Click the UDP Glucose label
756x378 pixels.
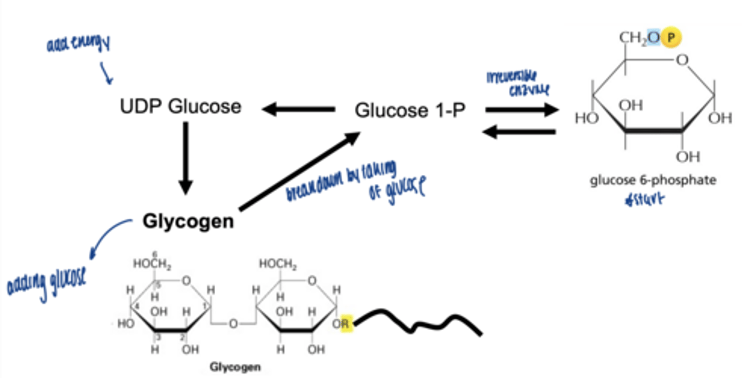point(181,107)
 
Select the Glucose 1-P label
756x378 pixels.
point(409,110)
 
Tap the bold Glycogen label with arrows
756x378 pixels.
point(188,222)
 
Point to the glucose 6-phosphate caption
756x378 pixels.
point(653,181)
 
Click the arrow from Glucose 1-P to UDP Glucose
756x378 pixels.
point(298,110)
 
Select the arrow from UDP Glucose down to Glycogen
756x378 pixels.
point(185,157)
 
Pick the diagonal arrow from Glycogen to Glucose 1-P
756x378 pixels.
point(299,171)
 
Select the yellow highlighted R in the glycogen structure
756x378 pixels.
point(344,324)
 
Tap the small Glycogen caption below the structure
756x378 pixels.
point(235,366)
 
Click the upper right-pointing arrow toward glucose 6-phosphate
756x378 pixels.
point(521,110)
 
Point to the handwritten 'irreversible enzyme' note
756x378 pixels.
point(519,83)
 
